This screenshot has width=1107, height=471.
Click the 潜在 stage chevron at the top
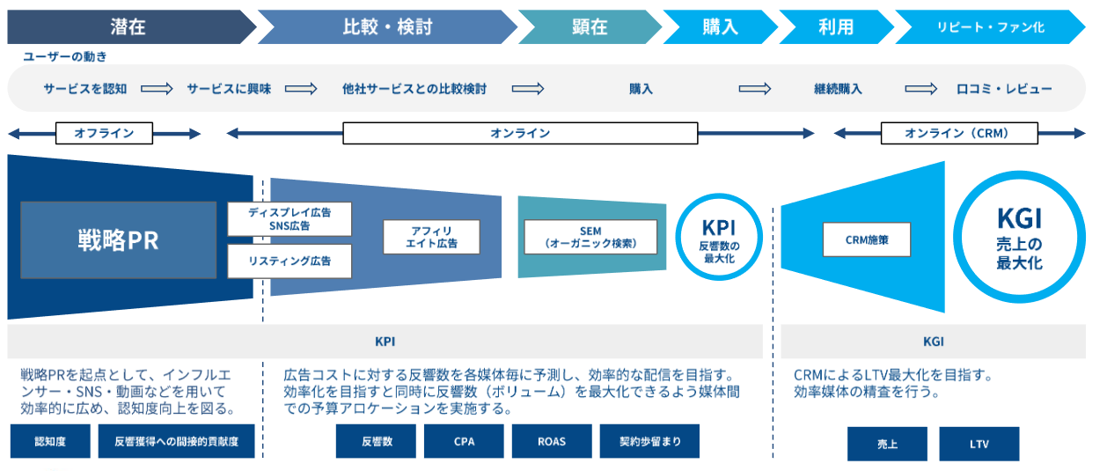[128, 26]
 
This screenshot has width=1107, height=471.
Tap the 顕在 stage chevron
[590, 26]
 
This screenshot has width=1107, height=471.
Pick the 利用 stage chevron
[836, 26]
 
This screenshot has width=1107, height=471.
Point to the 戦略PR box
[119, 240]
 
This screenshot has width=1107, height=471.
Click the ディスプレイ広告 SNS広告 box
[290, 219]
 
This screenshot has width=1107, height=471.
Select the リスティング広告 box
[290, 261]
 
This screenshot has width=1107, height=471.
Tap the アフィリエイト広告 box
[431, 237]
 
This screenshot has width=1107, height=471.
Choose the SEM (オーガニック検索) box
[590, 237]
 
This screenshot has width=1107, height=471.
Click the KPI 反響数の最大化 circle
[719, 237]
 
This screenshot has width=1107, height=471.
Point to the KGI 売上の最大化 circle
[1020, 237]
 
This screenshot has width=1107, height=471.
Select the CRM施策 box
[867, 239]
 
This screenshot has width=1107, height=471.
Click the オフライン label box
[104, 133]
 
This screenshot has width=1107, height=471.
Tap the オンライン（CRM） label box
[959, 133]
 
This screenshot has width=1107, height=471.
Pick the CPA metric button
[464, 441]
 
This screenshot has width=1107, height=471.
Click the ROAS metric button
[552, 441]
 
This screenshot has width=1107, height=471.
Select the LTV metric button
[979, 444]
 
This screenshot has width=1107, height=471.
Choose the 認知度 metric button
[50, 441]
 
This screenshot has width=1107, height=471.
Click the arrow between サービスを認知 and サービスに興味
[158, 89]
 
